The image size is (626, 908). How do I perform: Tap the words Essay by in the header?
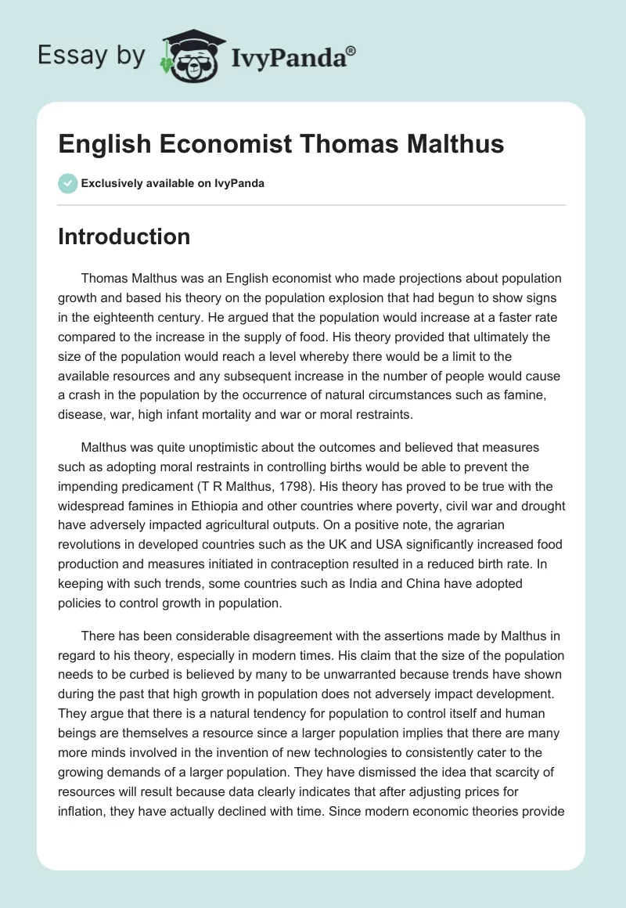(x=91, y=56)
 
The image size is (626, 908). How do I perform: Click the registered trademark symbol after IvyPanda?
(x=351, y=51)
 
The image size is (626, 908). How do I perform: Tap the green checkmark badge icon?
(x=67, y=183)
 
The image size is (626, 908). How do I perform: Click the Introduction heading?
(x=124, y=236)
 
